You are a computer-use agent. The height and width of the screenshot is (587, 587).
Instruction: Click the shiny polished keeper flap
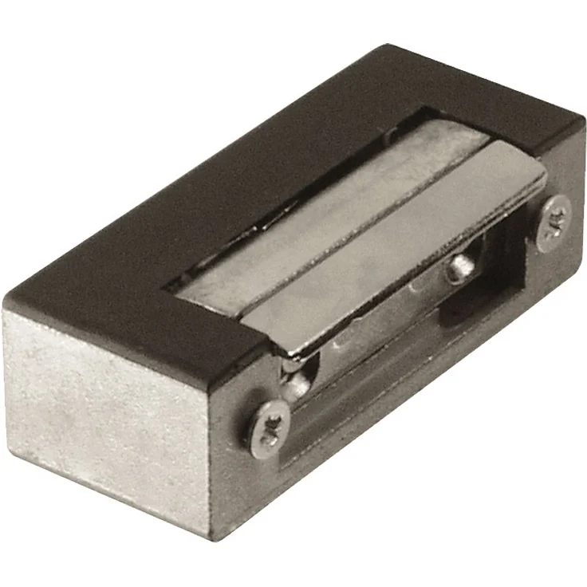point(399,239)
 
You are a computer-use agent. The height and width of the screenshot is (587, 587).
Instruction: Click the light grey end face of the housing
point(112,399)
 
